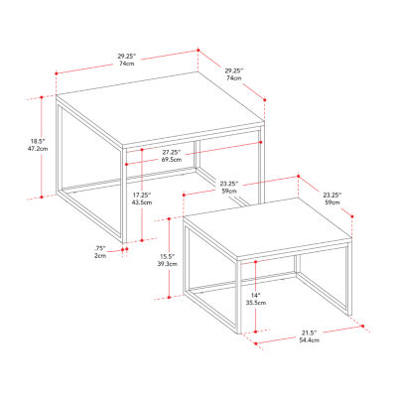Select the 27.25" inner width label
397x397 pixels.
click(170, 152)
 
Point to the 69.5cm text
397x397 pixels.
click(170, 160)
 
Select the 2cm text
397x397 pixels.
click(101, 256)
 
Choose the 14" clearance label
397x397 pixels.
click(255, 297)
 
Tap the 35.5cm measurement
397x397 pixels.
click(255, 306)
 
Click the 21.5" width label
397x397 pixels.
click(309, 331)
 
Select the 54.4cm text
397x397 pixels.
click(309, 340)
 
